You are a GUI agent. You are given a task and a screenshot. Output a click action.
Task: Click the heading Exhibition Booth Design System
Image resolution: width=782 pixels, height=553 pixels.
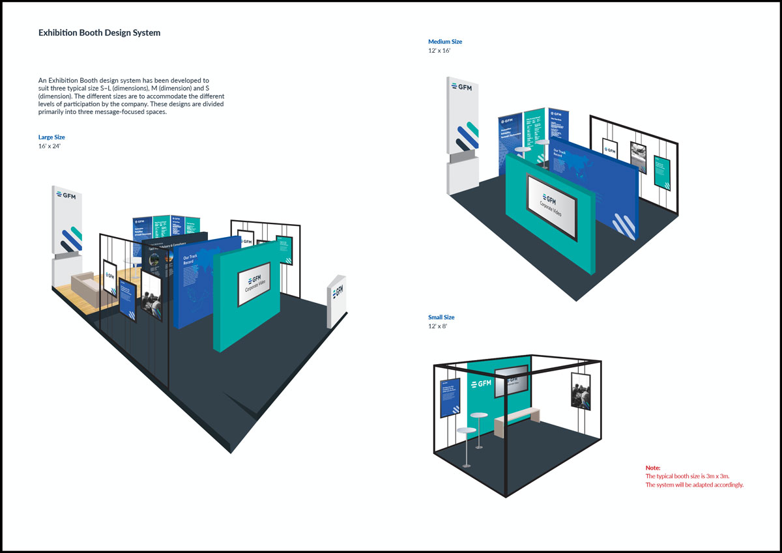coord(99,33)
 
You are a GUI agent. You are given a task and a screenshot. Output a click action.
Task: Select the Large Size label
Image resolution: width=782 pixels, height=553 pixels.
coord(51,137)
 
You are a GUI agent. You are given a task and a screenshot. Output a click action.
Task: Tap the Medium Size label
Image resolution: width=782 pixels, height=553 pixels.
coord(445,42)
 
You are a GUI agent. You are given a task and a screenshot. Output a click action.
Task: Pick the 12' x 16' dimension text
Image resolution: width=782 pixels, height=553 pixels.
coord(441,51)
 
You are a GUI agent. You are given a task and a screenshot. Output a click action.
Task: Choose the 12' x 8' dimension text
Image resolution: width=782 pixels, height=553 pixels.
coord(438,326)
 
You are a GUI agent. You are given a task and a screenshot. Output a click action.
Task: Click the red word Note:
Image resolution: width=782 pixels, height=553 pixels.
coord(652,468)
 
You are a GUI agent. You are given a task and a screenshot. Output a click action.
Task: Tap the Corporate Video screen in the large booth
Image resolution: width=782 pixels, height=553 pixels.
coord(255,285)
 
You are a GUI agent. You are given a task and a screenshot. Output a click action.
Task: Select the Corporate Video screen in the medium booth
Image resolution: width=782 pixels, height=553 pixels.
coord(551,205)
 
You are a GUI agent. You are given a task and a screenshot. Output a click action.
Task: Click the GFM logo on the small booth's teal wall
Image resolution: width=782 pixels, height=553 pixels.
coord(480,384)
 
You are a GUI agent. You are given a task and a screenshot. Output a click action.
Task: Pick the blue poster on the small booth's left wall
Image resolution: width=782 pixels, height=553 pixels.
coord(450,397)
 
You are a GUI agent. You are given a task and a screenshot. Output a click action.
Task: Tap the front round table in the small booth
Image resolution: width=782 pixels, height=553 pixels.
coord(467,432)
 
